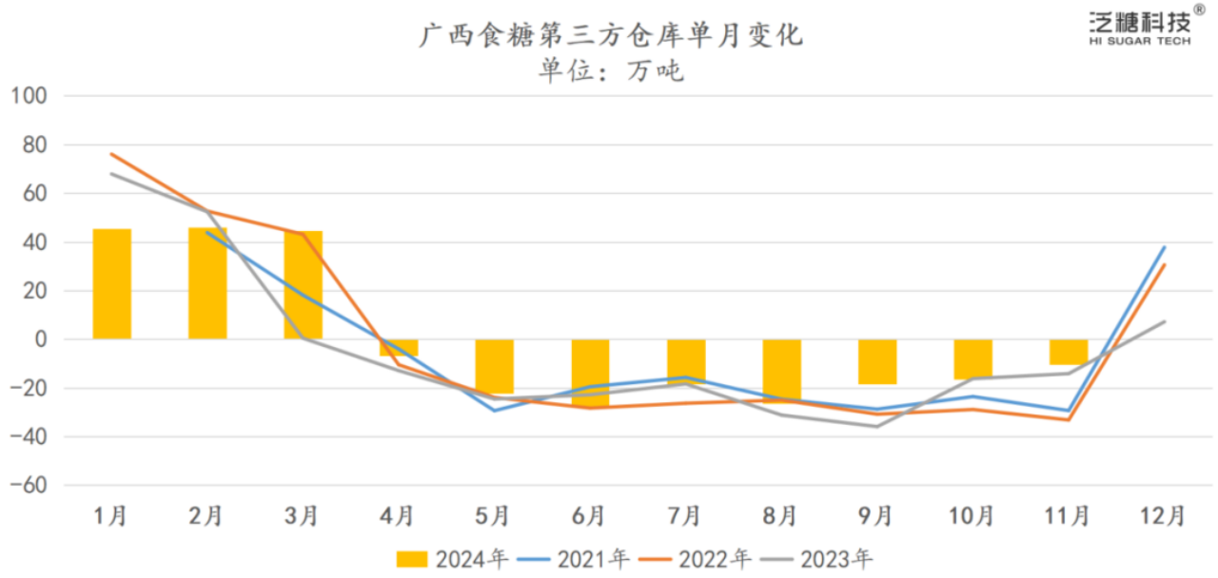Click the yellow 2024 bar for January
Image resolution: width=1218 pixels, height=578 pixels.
112,284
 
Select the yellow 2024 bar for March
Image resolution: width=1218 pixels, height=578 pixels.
304,285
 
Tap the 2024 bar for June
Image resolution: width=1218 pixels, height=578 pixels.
590,372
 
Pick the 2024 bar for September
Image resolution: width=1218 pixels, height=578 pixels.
876,361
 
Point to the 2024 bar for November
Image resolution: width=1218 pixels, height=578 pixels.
1068,352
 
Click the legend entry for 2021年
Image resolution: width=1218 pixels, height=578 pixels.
574,559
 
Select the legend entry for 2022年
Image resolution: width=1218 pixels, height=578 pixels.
697,559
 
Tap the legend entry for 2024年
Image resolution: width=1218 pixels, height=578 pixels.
452,559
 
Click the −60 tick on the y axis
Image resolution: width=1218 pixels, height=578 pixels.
29,486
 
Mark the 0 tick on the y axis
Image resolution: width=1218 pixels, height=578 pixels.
43,339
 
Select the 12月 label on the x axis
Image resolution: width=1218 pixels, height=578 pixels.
1163,516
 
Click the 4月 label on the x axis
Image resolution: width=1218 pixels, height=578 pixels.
399,516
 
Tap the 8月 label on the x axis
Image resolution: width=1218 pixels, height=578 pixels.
780,516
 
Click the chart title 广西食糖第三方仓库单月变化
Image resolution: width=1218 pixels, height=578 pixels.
612,36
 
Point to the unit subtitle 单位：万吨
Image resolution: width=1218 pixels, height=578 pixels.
612,71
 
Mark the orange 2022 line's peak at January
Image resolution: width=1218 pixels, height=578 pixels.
112,154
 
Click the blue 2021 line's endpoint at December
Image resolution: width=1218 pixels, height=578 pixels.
1164,247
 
